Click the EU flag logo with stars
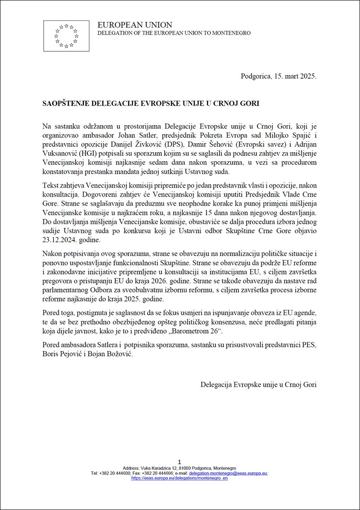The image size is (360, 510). tap(67, 36)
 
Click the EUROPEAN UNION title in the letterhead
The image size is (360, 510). tap(135, 25)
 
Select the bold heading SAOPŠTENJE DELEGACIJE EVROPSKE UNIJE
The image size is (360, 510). tap(151, 103)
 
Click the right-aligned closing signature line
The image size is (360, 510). tap(258, 384)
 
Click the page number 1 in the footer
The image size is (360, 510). tap(180, 462)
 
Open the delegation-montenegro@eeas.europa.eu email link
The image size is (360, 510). tap(228, 473)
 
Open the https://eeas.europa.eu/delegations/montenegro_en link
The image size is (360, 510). tap(179, 478)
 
